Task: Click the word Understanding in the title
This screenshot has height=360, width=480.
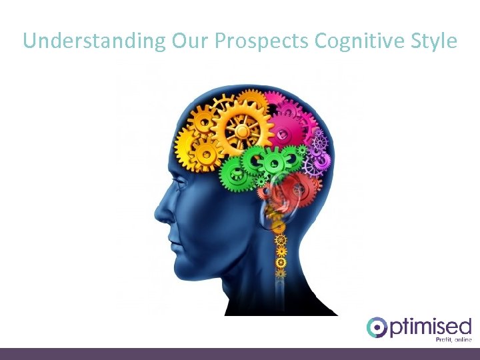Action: [x=94, y=41]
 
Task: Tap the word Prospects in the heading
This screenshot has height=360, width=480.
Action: [x=262, y=41]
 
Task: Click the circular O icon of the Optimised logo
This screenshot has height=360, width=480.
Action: [x=377, y=327]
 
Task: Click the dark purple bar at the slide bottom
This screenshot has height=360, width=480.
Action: [x=240, y=353]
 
